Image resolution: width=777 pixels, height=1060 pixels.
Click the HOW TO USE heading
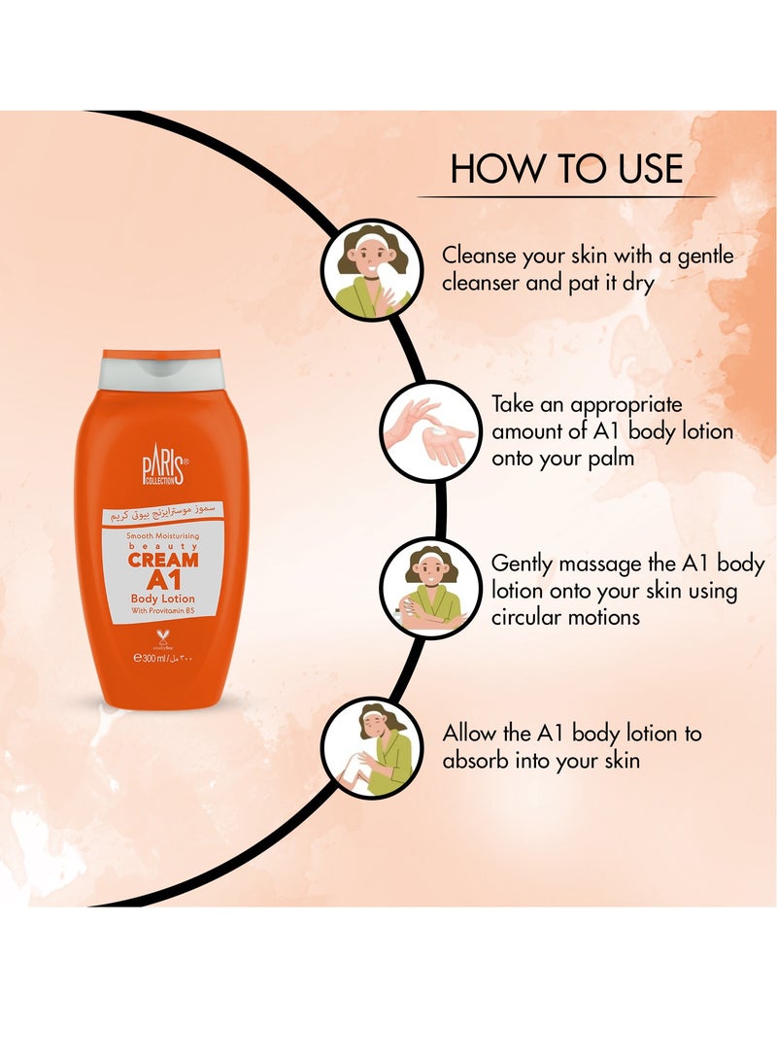point(566,167)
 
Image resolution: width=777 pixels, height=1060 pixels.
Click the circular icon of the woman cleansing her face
point(371,270)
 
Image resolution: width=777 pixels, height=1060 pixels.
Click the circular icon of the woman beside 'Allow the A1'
point(371,747)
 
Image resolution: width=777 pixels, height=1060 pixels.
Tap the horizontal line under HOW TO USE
point(566,197)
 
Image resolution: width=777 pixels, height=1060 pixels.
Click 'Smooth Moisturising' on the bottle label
point(161,535)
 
